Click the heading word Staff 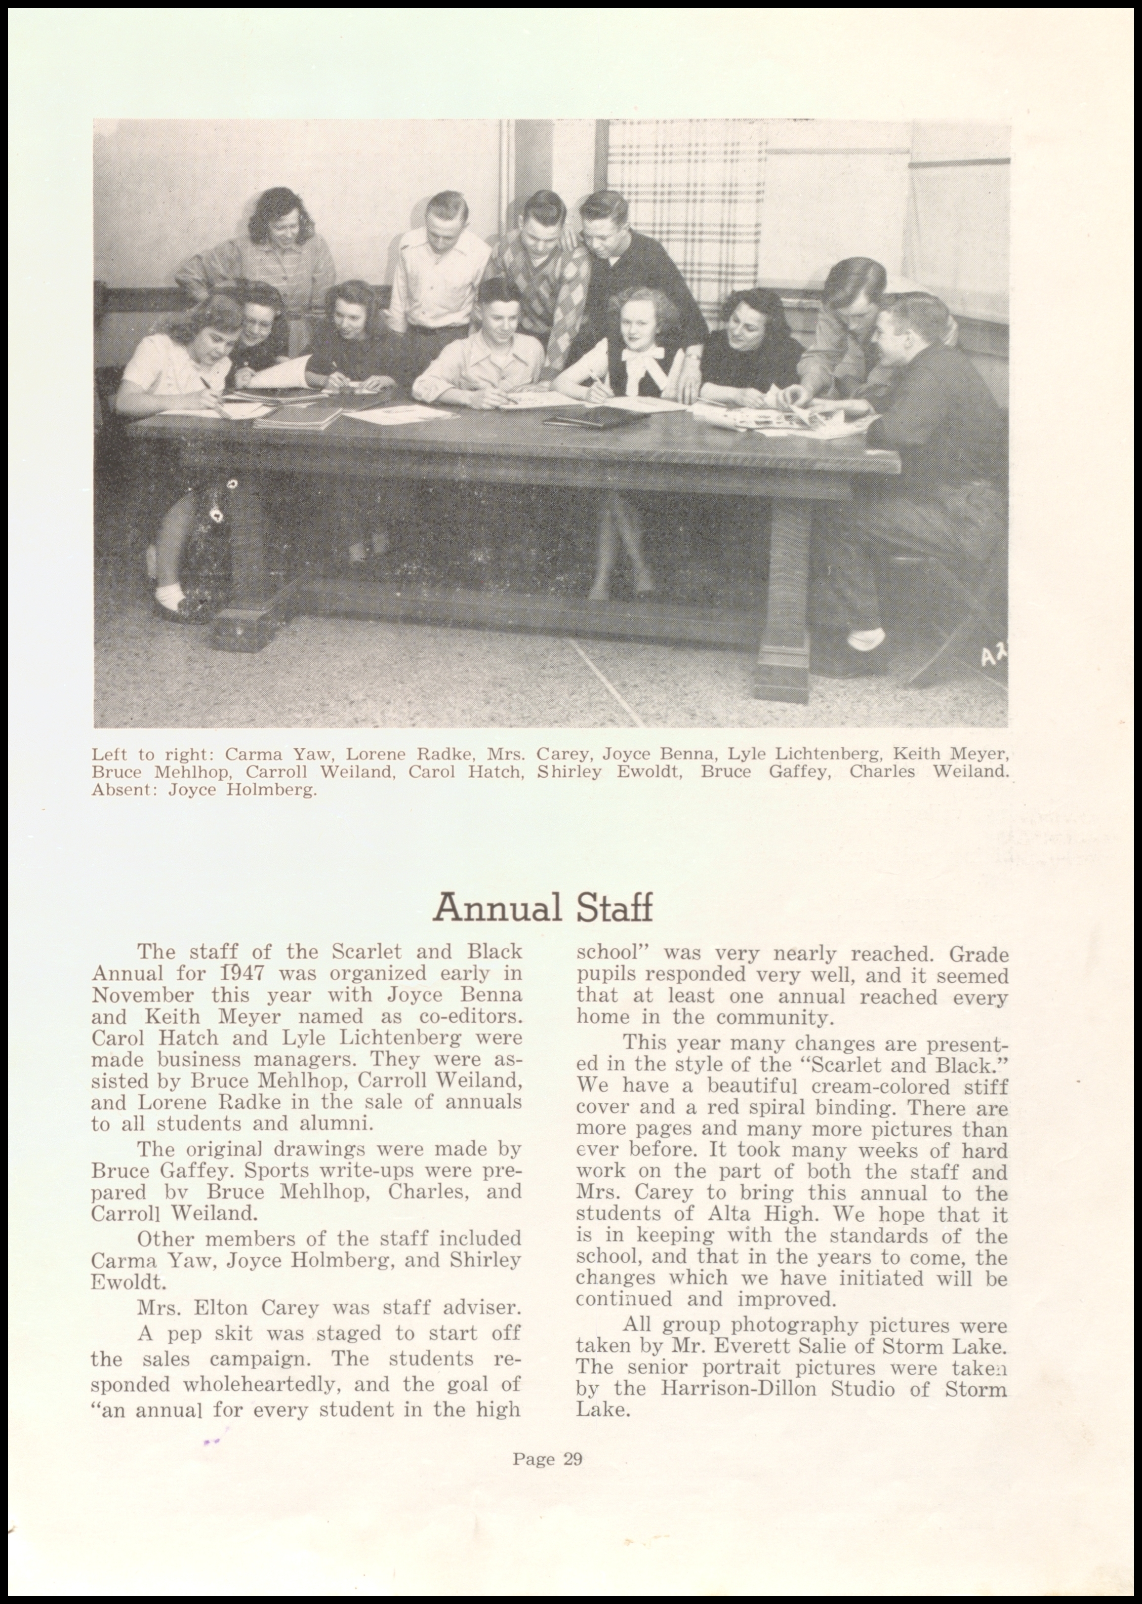615,908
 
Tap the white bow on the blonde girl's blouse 641,371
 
